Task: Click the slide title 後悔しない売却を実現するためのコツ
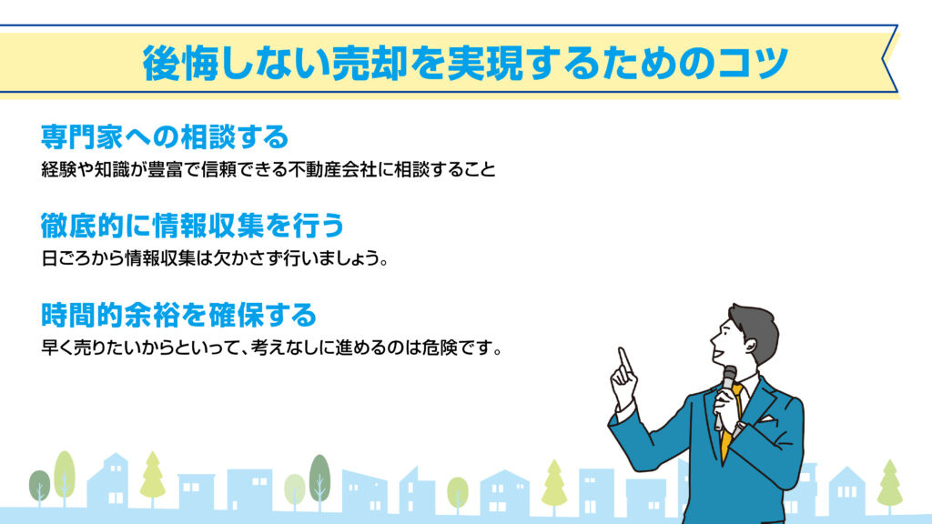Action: tap(465, 63)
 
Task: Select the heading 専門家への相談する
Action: tap(165, 136)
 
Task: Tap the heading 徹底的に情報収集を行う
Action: tap(193, 226)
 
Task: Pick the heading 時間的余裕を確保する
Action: tap(178, 314)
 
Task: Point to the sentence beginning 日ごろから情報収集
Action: tap(215, 258)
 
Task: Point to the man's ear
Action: tap(751, 344)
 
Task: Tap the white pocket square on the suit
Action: tap(765, 418)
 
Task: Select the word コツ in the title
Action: tap(753, 63)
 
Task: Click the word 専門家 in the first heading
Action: tap(82, 136)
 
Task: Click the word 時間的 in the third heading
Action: tap(82, 314)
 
